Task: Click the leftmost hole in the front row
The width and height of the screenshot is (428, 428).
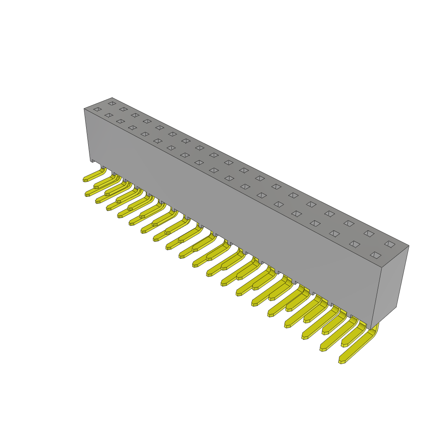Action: pyautogui.click(x=97, y=110)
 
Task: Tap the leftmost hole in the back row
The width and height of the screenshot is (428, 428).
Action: pyautogui.click(x=112, y=103)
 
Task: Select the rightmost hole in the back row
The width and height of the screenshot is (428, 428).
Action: pyautogui.click(x=390, y=244)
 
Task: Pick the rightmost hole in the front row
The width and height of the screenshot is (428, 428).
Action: pyautogui.click(x=375, y=255)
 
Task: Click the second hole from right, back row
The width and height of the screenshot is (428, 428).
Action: pyautogui.click(x=369, y=234)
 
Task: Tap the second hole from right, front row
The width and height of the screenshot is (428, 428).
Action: pyautogui.click(x=354, y=244)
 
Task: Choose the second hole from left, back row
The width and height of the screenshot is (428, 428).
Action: pyautogui.click(x=123, y=109)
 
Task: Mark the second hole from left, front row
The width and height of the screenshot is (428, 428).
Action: pyautogui.click(x=109, y=115)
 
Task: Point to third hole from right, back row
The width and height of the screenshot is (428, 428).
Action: pyautogui.click(x=349, y=223)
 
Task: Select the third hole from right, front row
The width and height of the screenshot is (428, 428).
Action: pyautogui.click(x=334, y=234)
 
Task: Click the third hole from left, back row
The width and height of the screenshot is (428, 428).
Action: pyautogui.click(x=135, y=115)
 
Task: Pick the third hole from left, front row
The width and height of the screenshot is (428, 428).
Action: pyautogui.click(x=120, y=121)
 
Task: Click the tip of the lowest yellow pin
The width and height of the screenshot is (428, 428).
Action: pyautogui.click(x=342, y=362)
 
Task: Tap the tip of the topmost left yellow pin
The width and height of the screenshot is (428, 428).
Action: pyautogui.click(x=85, y=180)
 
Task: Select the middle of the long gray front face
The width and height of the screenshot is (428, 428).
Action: pyautogui.click(x=234, y=209)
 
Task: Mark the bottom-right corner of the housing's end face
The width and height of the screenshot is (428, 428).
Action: pyautogui.click(x=396, y=307)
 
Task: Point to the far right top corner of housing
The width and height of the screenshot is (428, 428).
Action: pyautogui.click(x=409, y=246)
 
